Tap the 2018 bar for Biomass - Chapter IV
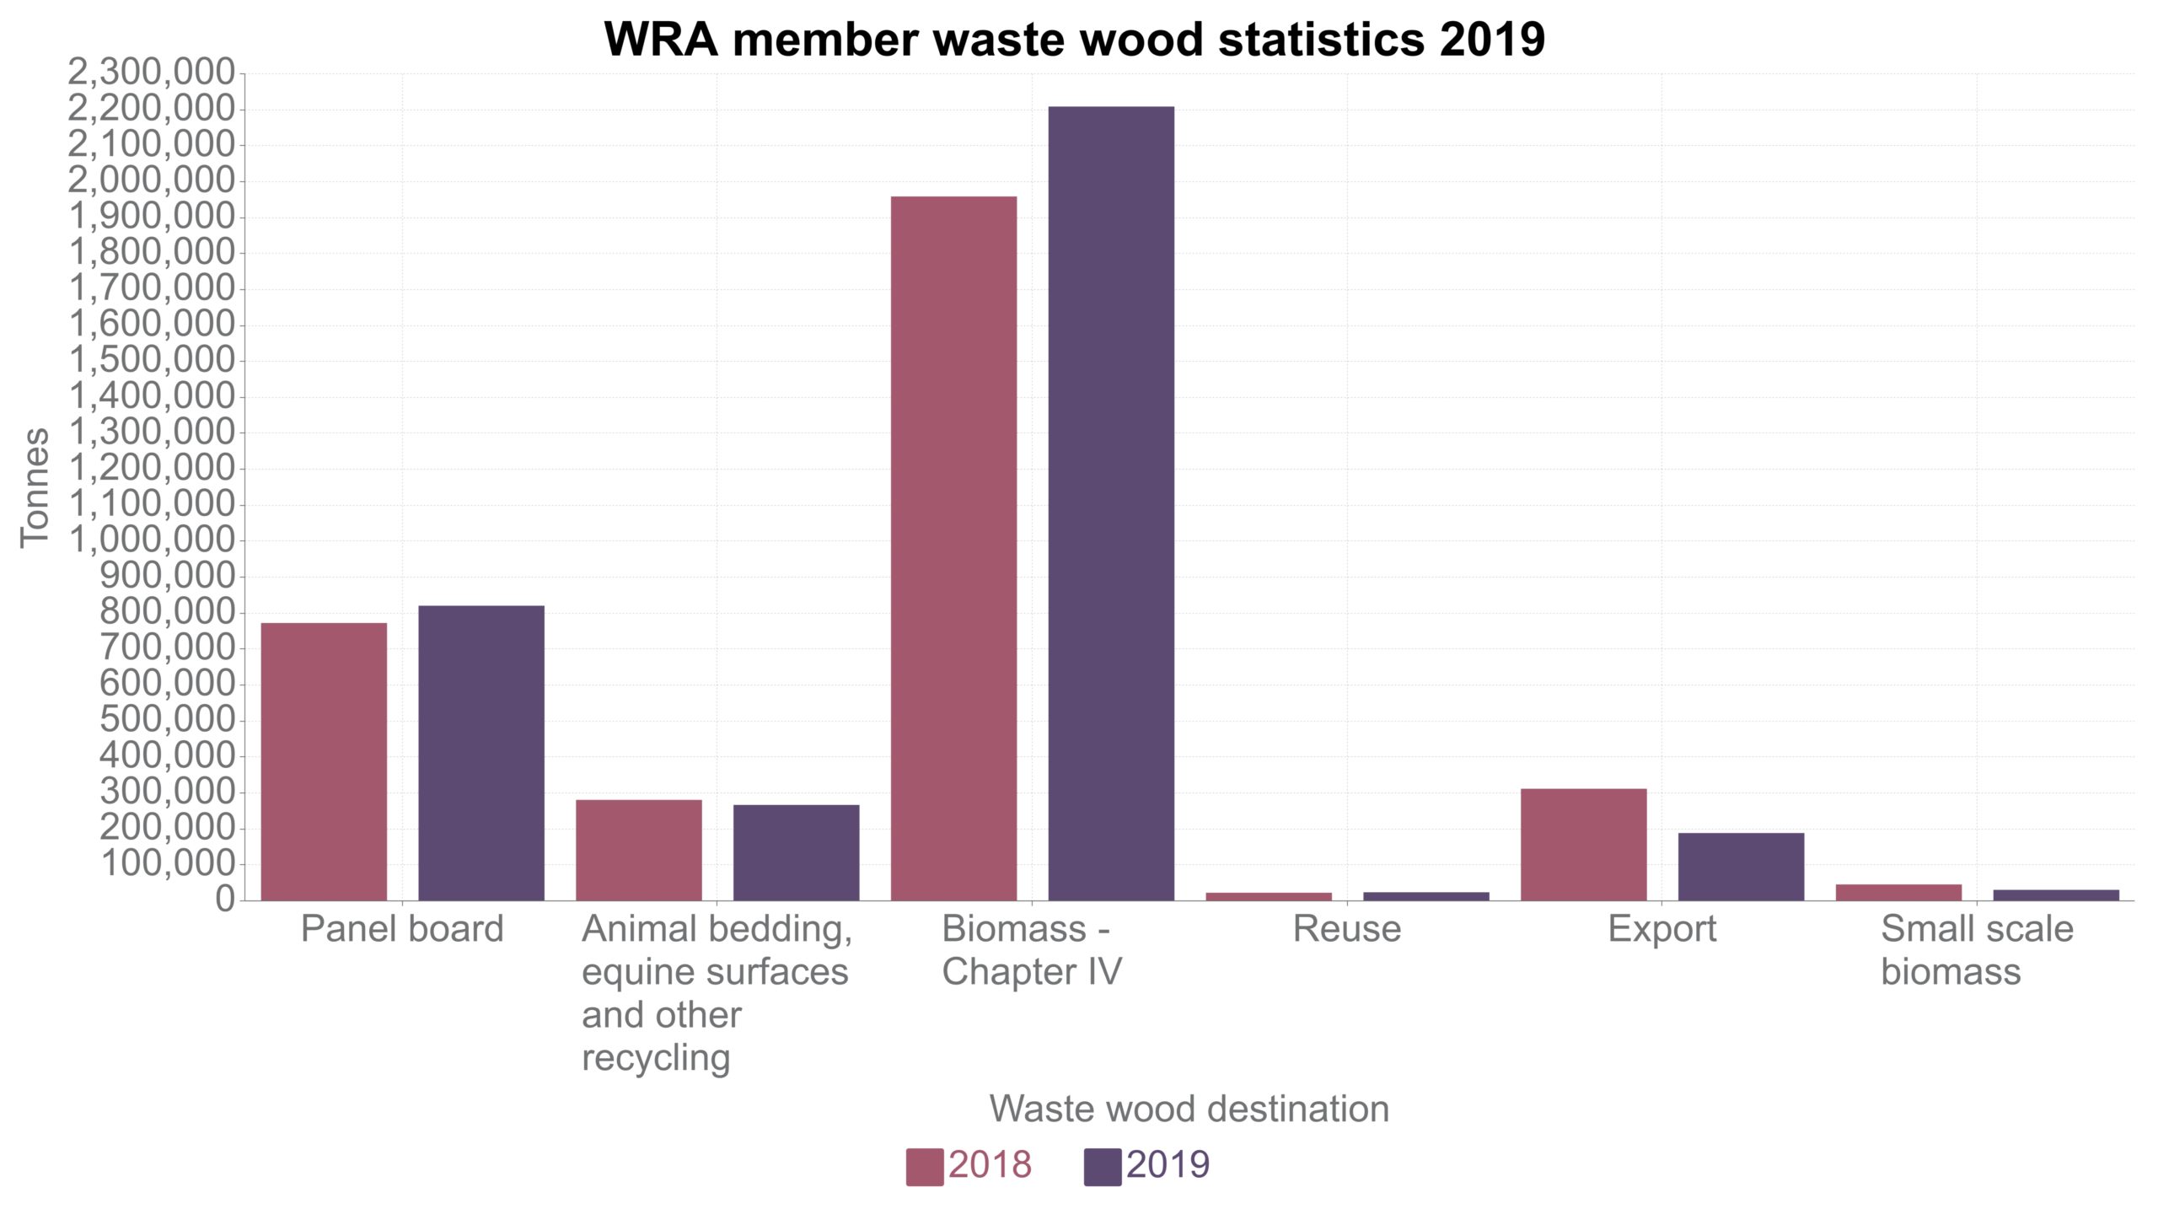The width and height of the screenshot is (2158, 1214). point(953,548)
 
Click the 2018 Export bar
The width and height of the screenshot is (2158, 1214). point(1583,844)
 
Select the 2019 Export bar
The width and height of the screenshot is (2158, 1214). point(1741,866)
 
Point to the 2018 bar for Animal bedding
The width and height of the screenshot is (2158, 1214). point(638,850)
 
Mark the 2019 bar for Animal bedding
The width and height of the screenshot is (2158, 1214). point(796,852)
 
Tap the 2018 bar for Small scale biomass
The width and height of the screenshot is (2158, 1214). point(1898,892)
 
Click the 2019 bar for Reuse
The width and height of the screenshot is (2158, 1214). point(1425,896)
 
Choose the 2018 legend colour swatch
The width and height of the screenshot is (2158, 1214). point(925,1167)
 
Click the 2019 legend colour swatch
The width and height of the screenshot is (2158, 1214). point(1103,1167)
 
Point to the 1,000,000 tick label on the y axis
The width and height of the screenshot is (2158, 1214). point(152,540)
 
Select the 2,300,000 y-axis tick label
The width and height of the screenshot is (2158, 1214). point(152,73)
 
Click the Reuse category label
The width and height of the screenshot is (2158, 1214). point(1346,929)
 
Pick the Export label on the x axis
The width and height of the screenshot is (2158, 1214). point(1661,929)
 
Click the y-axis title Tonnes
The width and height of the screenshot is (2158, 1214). point(35,487)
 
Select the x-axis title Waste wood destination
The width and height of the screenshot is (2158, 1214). point(1189,1109)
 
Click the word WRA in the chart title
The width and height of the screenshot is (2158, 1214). point(662,39)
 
